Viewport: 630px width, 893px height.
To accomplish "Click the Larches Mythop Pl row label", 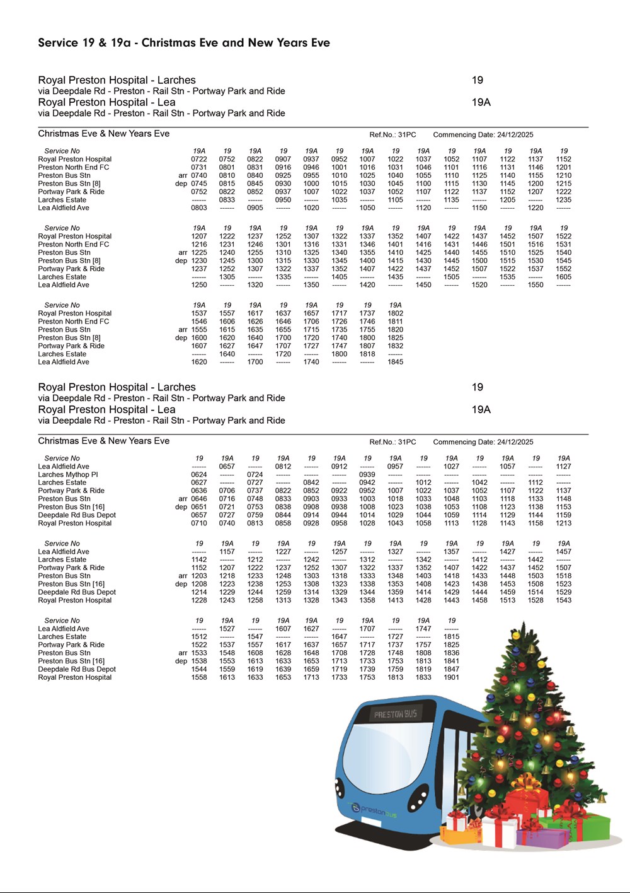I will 68,475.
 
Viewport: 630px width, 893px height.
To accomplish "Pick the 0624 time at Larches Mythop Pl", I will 199,475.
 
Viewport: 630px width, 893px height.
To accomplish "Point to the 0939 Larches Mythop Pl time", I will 367,475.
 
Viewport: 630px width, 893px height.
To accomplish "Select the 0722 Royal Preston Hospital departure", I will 199,160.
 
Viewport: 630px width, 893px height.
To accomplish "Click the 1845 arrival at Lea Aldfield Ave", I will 396,362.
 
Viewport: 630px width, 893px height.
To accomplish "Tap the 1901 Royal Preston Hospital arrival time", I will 452,677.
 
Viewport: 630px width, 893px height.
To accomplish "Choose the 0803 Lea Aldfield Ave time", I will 199,207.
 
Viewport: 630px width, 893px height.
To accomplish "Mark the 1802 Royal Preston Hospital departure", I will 396,313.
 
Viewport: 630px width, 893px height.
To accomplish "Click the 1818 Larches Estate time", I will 367,354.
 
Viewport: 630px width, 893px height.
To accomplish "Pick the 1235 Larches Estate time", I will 564,200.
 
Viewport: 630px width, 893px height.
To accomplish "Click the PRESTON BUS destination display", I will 396,715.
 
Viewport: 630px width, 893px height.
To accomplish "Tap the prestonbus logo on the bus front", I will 375,811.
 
